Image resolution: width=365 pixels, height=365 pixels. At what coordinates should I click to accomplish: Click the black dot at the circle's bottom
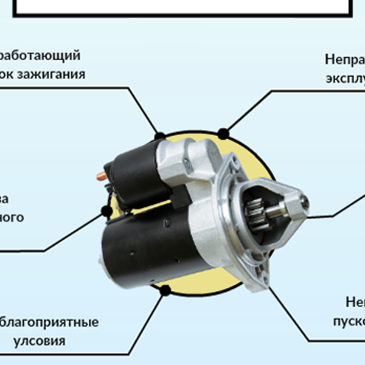[x=164, y=291]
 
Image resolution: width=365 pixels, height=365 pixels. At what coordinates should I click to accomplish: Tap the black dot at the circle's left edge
[x=106, y=211]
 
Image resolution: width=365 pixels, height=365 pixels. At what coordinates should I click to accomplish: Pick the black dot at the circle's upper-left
[x=160, y=135]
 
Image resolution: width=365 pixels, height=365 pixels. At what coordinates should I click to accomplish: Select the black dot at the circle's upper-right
[x=223, y=131]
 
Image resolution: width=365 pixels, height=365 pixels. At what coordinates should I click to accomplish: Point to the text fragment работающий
[x=40, y=56]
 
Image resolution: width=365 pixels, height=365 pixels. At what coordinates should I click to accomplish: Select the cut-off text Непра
[x=344, y=60]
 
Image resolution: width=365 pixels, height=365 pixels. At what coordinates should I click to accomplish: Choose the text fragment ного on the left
[x=12, y=217]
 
